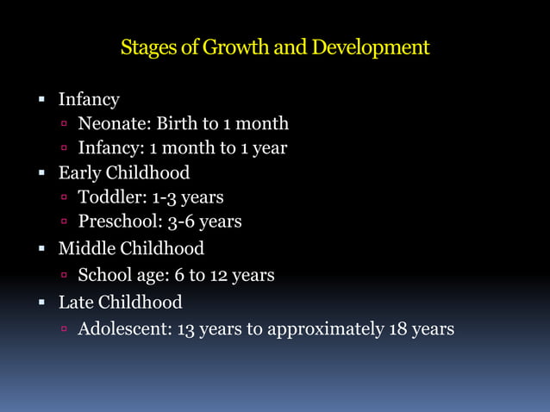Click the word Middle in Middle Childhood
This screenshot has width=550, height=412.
86,249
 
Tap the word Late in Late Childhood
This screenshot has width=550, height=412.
75,303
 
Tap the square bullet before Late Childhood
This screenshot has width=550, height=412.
41,303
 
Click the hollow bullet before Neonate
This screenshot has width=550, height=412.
64,125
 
